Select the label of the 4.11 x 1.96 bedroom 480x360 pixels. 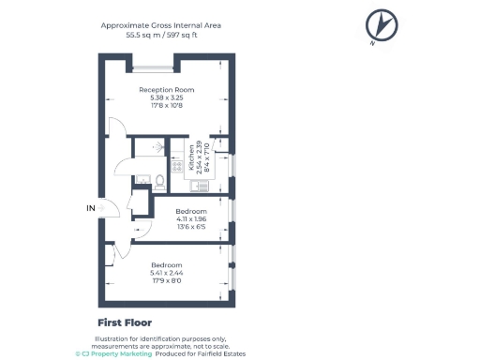point(192,212)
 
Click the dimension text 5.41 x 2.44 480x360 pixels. point(168,273)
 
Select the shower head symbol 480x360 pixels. point(159,147)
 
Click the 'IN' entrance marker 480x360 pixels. point(91,207)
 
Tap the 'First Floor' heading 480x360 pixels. point(125,322)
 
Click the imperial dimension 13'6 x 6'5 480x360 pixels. point(192,228)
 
